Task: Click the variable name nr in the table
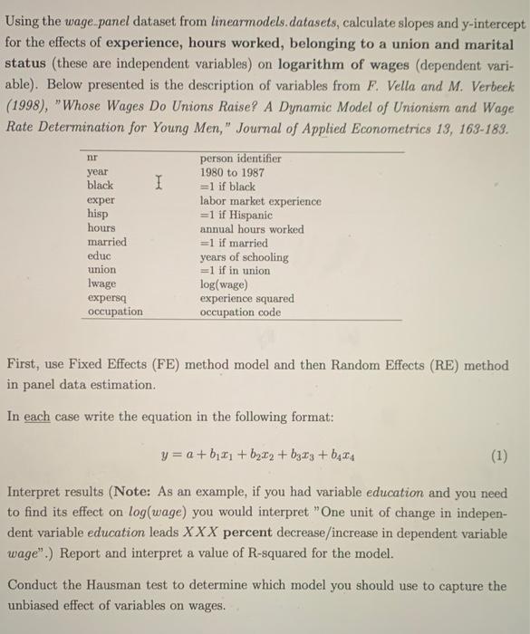tap(92, 157)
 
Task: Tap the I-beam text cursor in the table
tap(159, 185)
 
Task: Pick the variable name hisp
tap(97, 215)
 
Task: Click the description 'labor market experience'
tap(260, 200)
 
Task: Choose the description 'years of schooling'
tap(244, 257)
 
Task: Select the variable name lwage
tap(101, 283)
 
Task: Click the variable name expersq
tap(105, 297)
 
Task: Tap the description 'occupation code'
tap(240, 312)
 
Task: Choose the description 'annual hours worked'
tap(252, 229)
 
